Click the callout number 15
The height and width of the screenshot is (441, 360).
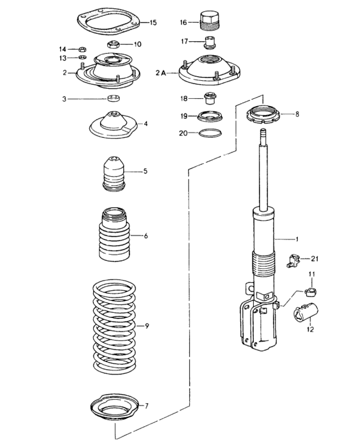click(153, 22)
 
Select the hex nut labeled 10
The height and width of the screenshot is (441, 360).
click(113, 44)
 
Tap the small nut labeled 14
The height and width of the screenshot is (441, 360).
click(82, 50)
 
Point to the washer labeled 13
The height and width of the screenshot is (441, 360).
click(83, 57)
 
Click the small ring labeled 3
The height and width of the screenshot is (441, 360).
click(114, 98)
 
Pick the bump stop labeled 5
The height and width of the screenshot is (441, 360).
click(114, 173)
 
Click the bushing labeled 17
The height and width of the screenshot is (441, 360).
click(210, 43)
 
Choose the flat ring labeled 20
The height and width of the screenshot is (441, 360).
click(210, 133)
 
